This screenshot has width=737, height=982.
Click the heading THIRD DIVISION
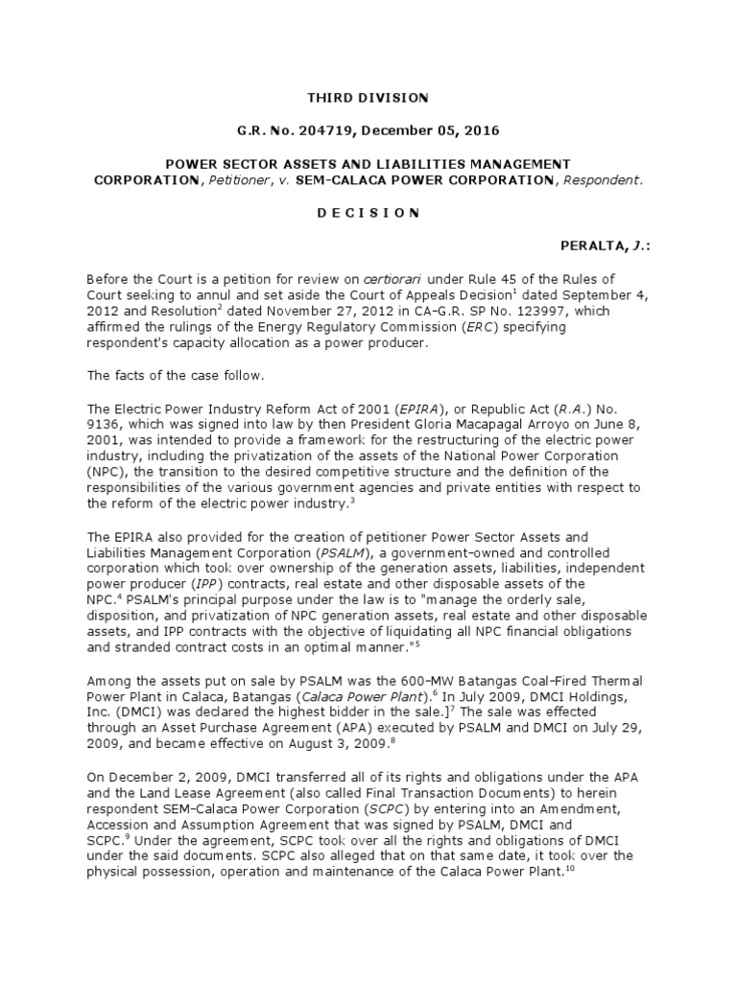[x=368, y=98]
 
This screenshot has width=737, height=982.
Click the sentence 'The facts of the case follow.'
[x=169, y=375]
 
